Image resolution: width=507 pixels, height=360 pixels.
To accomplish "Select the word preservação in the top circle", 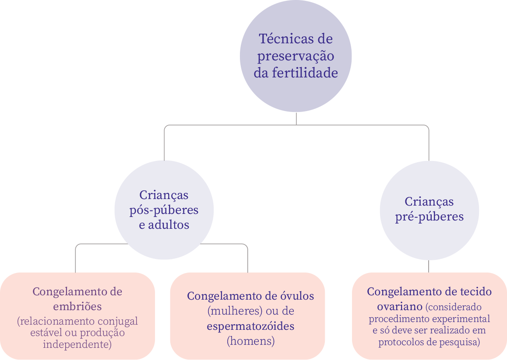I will point(296,56).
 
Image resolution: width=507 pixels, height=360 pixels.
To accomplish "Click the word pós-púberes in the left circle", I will point(164,210).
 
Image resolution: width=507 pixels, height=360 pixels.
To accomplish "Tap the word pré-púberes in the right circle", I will point(429,217).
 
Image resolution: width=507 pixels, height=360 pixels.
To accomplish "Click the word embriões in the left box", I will point(77,305).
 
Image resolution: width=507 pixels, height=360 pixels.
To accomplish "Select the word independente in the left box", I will point(77,344).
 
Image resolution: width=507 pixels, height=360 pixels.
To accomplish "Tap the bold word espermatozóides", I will point(250,326).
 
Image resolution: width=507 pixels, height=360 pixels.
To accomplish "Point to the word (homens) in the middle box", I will point(250,341).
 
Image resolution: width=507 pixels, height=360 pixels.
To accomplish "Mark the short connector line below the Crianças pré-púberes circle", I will point(429,266).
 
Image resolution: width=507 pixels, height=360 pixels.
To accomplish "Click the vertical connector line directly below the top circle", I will point(296,119).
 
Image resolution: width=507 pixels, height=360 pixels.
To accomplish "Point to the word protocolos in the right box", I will point(400,343).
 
